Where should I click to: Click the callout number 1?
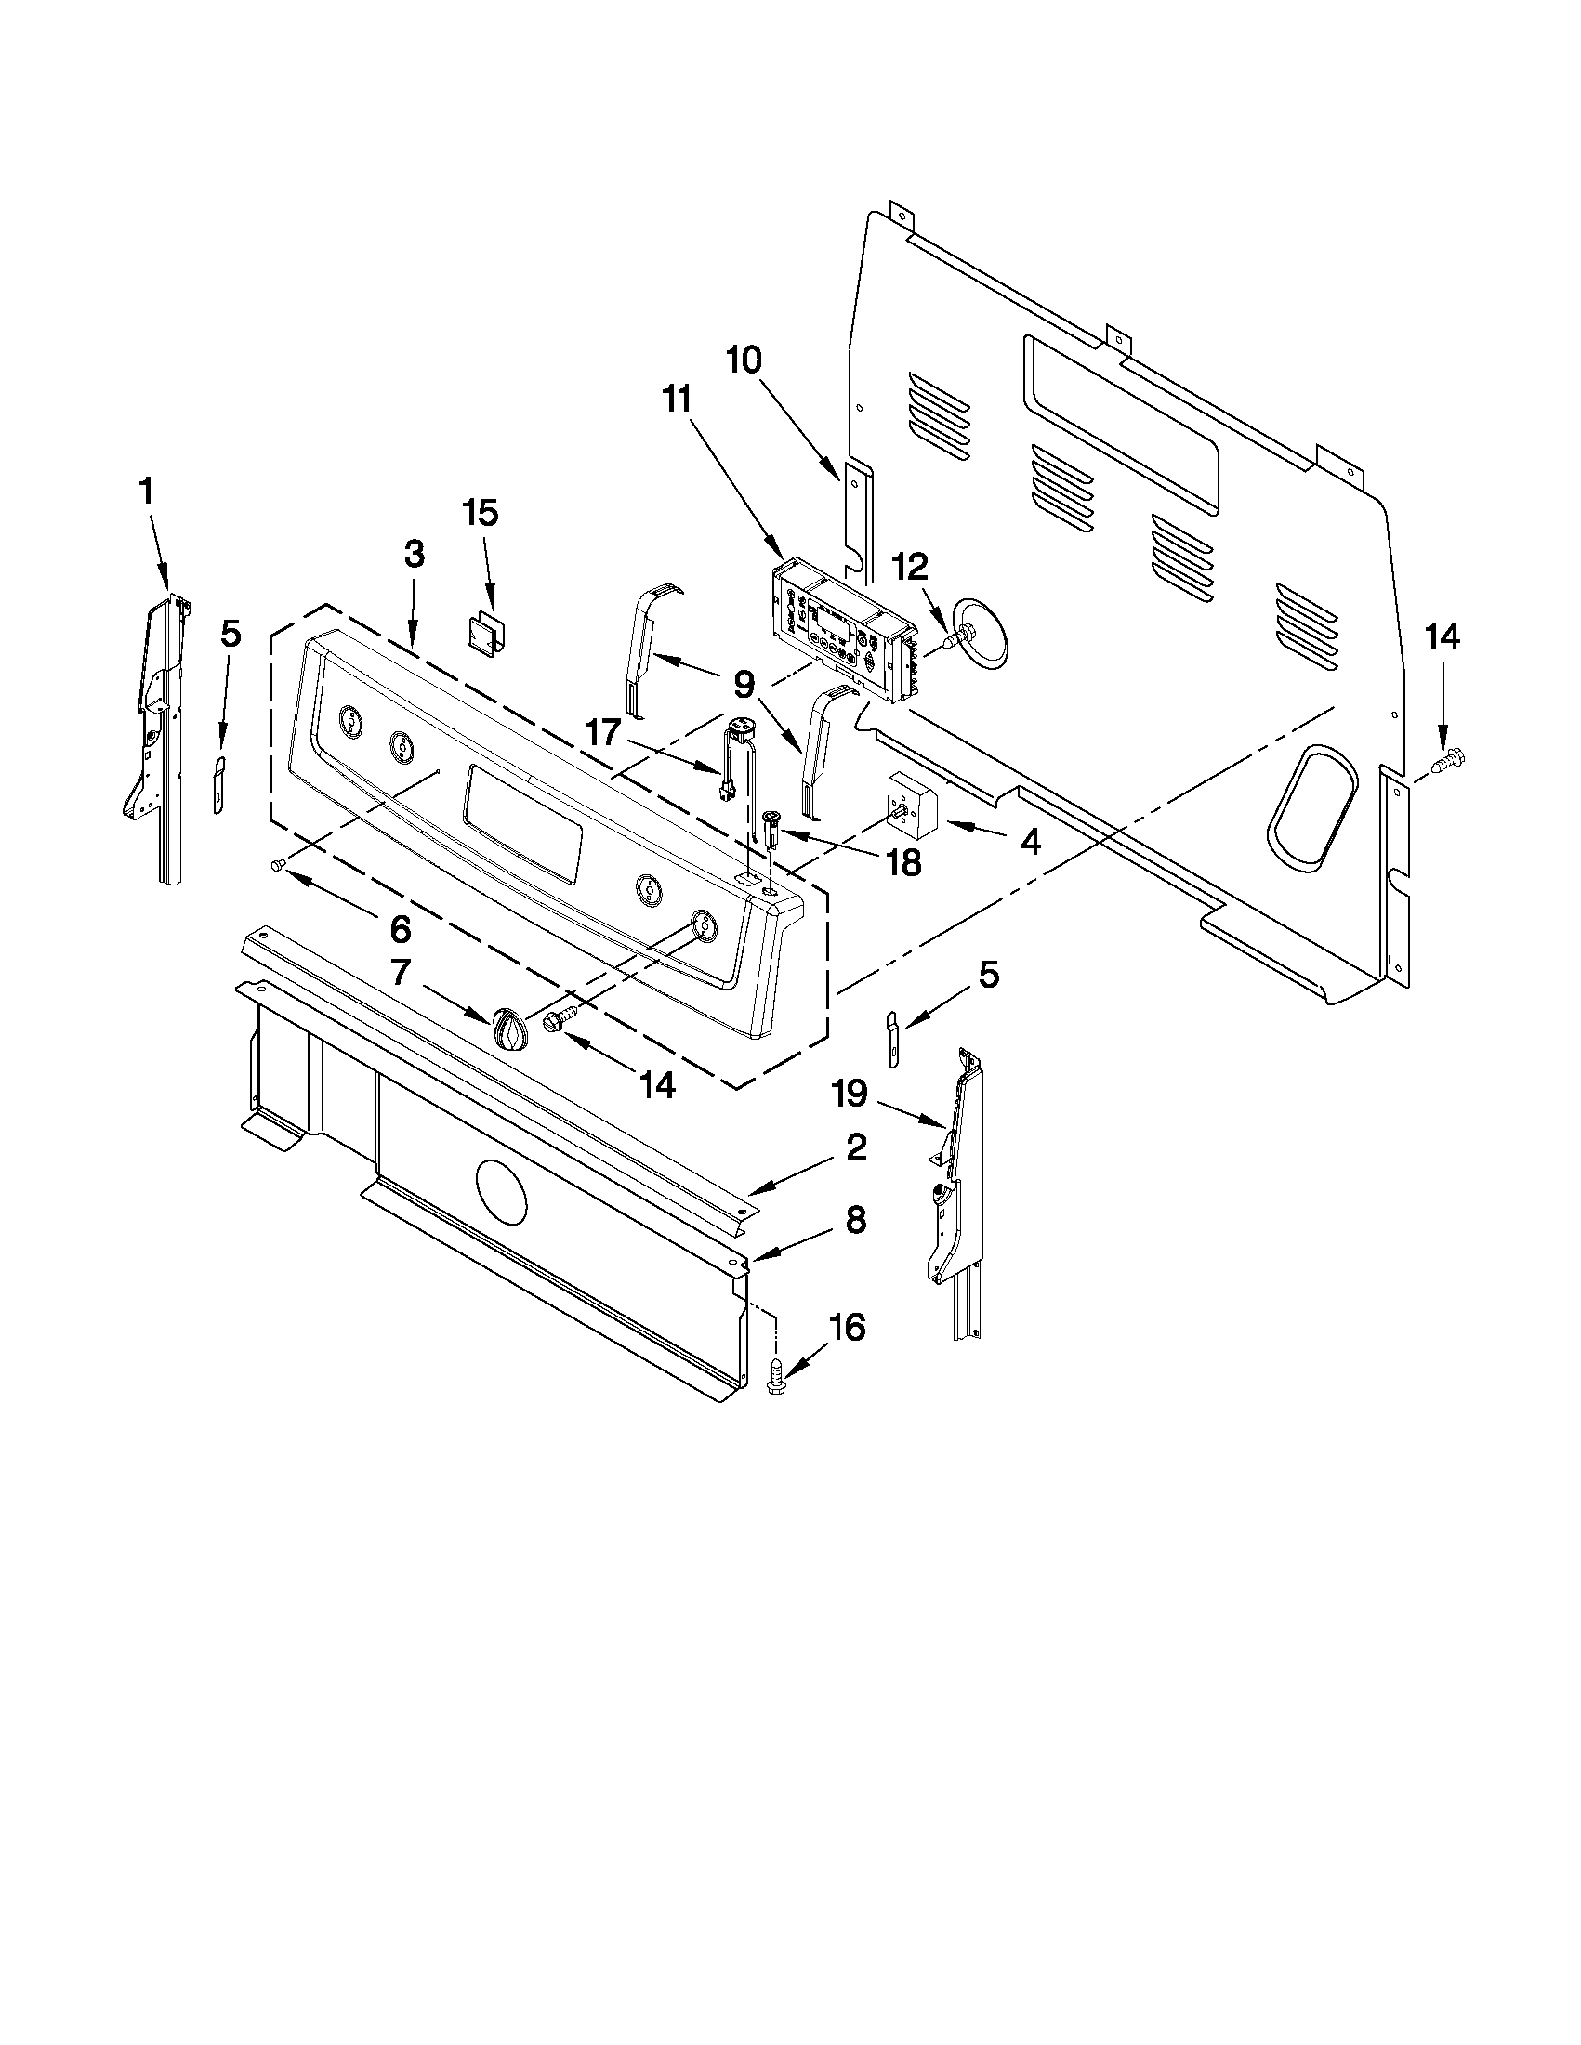[146, 492]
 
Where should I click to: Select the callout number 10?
[744, 360]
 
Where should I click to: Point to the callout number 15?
[481, 514]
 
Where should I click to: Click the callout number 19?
[850, 1093]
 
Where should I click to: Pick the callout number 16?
[848, 1328]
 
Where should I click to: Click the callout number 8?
[856, 1221]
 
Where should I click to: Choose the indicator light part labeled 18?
[772, 828]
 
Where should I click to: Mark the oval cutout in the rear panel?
[1311, 803]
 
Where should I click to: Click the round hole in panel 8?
[502, 1191]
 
